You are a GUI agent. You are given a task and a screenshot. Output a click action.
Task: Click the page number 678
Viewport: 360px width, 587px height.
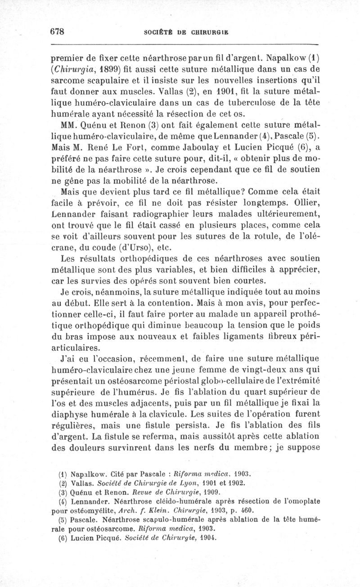pyautogui.click(x=58, y=32)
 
